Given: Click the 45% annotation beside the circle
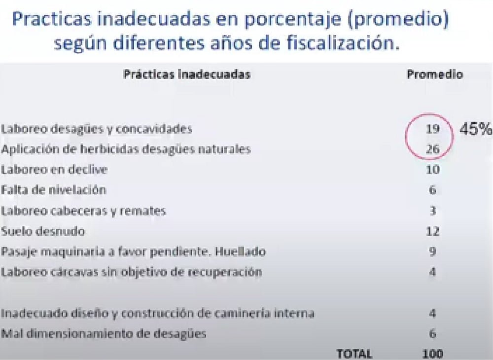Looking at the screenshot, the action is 475,129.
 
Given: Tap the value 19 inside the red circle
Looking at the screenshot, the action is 432,129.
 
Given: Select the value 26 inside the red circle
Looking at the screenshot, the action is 432,149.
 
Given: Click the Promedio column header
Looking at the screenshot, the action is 435,74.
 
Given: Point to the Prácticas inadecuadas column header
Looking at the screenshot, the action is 187,74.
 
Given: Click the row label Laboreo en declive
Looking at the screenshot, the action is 54,170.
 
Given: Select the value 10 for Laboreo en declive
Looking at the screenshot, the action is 433,170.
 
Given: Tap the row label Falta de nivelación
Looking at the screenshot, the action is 53,190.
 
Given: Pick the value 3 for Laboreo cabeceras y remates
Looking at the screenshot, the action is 433,211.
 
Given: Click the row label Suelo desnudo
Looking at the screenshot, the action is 43,231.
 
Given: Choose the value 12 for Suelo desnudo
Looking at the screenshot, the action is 433,231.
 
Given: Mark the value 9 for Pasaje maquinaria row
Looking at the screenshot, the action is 433,252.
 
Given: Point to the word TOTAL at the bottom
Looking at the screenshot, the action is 354,354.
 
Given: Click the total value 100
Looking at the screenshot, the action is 433,354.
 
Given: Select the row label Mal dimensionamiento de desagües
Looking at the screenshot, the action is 104,333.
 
